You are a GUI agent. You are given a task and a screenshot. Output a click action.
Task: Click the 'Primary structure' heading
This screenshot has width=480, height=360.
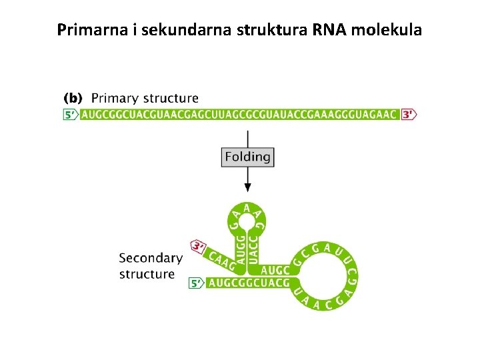pyautogui.click(x=145, y=99)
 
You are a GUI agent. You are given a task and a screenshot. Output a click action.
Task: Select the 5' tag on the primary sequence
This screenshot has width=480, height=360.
pyautogui.click(x=71, y=115)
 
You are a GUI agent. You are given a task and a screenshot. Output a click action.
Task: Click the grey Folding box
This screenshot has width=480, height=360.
pyautogui.click(x=247, y=157)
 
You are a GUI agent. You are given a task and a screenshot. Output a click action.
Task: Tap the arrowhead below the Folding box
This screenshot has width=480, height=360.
pyautogui.click(x=248, y=189)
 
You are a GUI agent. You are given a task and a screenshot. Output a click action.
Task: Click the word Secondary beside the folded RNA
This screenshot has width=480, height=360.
pyautogui.click(x=151, y=258)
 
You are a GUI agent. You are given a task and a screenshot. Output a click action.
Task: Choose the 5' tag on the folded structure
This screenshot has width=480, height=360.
pyautogui.click(x=197, y=284)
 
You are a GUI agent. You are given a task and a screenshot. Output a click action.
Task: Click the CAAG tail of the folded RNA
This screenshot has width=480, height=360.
pyautogui.click(x=222, y=260)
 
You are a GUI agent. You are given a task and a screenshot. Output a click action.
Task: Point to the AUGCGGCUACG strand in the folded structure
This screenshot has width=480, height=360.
pyautogui.click(x=248, y=284)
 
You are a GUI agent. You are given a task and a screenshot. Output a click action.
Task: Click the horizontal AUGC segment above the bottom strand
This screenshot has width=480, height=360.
pyautogui.click(x=275, y=271)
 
